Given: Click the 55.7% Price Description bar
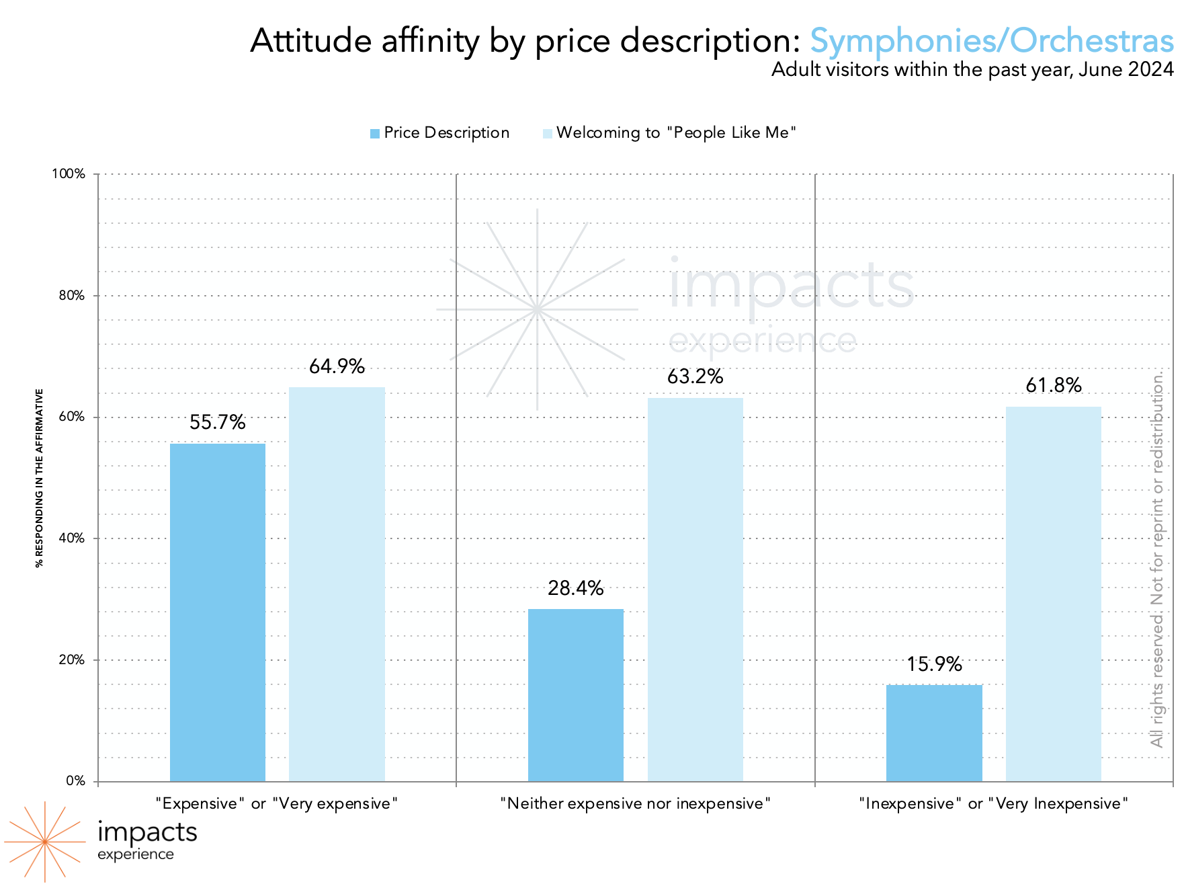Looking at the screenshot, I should click(x=217, y=612).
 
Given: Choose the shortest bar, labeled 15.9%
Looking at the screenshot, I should click(x=933, y=733).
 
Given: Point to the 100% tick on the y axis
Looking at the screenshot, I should click(x=69, y=174).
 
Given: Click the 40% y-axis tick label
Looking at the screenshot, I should click(x=71, y=538).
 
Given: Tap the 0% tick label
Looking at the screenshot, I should click(x=75, y=781).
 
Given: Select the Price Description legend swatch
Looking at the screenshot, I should click(x=375, y=134).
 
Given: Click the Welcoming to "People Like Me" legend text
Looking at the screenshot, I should click(x=676, y=132).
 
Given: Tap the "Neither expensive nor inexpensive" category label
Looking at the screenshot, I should click(x=635, y=803).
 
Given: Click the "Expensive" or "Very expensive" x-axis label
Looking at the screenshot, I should click(x=276, y=803).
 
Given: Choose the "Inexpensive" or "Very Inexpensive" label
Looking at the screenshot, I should click(x=993, y=803).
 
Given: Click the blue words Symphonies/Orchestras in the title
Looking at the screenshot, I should click(x=991, y=40).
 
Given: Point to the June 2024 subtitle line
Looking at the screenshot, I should click(x=972, y=69).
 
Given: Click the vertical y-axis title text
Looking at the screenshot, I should click(x=40, y=477).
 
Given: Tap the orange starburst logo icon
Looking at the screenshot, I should click(x=44, y=842).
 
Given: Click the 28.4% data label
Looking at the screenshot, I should click(x=575, y=588).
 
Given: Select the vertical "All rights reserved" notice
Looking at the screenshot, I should click(x=1156, y=558).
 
